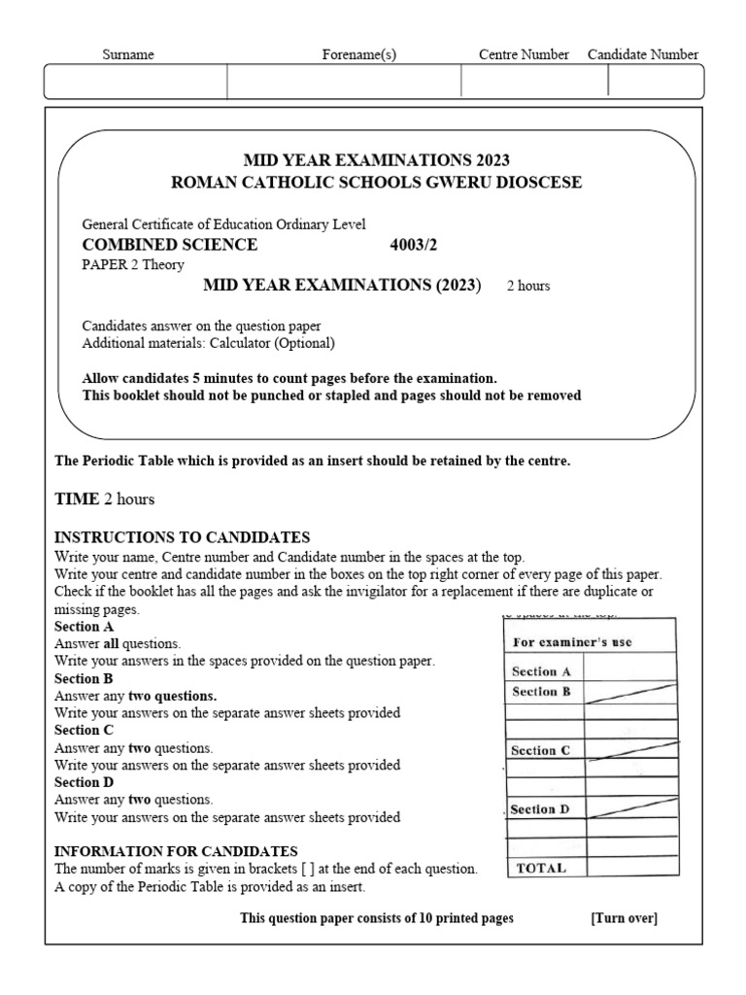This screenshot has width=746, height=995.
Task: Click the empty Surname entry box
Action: click(x=136, y=82)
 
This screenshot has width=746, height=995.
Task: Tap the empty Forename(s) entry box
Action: click(x=344, y=82)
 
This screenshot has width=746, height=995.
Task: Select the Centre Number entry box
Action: click(x=534, y=82)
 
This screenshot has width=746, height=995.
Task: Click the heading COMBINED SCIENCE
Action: click(x=171, y=245)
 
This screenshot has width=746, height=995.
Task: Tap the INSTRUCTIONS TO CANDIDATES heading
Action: click(x=183, y=537)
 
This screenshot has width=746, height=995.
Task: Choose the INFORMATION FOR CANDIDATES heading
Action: click(x=176, y=850)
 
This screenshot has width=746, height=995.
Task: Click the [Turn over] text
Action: click(x=624, y=918)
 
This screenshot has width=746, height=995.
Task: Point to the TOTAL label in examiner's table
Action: click(x=542, y=868)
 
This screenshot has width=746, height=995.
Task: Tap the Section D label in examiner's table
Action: click(x=546, y=808)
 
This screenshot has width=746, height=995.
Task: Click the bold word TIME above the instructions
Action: click(x=77, y=498)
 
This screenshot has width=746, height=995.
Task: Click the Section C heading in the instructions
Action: click(x=85, y=730)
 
